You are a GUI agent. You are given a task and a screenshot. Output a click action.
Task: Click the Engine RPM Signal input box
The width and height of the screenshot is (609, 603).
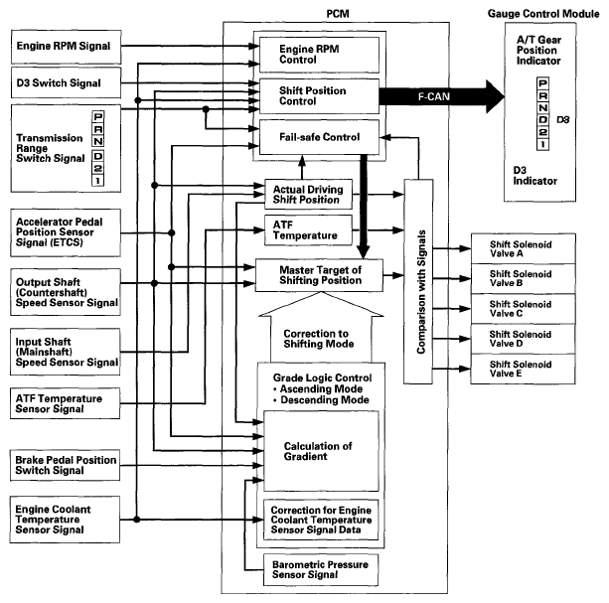point(66,47)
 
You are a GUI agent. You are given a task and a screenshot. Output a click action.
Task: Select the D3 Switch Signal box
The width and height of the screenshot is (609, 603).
point(66,82)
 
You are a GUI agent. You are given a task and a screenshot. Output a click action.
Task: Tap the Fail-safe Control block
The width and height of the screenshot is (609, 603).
point(319,137)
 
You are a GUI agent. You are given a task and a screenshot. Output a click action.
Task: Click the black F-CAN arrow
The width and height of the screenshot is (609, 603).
point(442,96)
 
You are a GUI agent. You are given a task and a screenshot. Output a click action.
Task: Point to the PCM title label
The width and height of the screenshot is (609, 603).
point(338,14)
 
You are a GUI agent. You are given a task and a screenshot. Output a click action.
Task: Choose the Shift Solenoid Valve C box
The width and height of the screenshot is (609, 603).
point(524,309)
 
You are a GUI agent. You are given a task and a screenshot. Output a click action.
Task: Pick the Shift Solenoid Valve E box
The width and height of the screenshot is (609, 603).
point(524,369)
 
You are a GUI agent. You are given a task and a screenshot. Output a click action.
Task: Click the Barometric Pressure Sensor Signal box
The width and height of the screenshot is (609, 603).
point(321,569)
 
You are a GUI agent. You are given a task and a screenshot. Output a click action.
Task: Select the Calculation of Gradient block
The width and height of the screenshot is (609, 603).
point(321,451)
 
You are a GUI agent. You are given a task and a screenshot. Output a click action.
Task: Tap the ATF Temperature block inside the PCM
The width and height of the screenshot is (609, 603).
point(308,230)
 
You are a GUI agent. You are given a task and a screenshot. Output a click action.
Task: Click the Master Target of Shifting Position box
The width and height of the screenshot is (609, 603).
point(319,275)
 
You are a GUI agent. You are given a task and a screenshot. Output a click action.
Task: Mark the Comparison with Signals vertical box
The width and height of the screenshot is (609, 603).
point(418,281)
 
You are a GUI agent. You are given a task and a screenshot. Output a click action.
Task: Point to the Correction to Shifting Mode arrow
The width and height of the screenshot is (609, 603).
point(321,330)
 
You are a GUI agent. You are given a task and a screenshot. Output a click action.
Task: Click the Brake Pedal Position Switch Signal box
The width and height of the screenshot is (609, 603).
point(66,465)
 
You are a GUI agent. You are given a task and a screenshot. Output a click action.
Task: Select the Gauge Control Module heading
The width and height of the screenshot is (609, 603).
point(543,14)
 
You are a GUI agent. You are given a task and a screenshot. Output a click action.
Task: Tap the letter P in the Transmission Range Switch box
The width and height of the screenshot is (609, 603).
point(98,116)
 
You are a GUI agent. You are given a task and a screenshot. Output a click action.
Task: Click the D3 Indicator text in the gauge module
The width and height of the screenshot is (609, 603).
point(534,176)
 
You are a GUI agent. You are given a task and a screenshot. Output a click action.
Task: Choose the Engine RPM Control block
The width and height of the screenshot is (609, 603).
point(319,55)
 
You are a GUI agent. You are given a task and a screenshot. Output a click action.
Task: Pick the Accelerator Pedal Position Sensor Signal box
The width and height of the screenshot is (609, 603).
point(66,232)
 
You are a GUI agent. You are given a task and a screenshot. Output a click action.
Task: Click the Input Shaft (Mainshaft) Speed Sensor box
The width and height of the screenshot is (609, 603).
point(66,352)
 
